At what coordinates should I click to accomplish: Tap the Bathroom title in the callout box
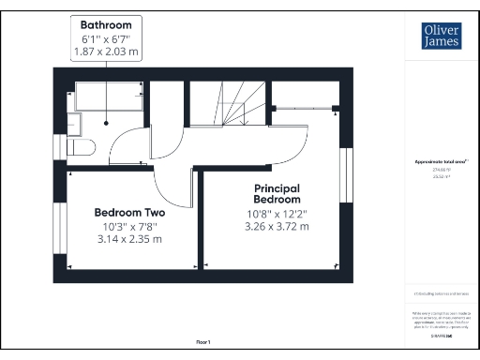tap(106, 23)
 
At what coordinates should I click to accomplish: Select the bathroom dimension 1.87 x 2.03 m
tap(106, 52)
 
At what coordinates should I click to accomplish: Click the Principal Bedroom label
tap(277, 194)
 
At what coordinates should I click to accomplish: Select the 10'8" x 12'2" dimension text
tap(277, 213)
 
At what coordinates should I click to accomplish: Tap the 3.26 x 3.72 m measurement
tap(277, 226)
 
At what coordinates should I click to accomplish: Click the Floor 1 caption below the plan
tap(204, 342)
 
